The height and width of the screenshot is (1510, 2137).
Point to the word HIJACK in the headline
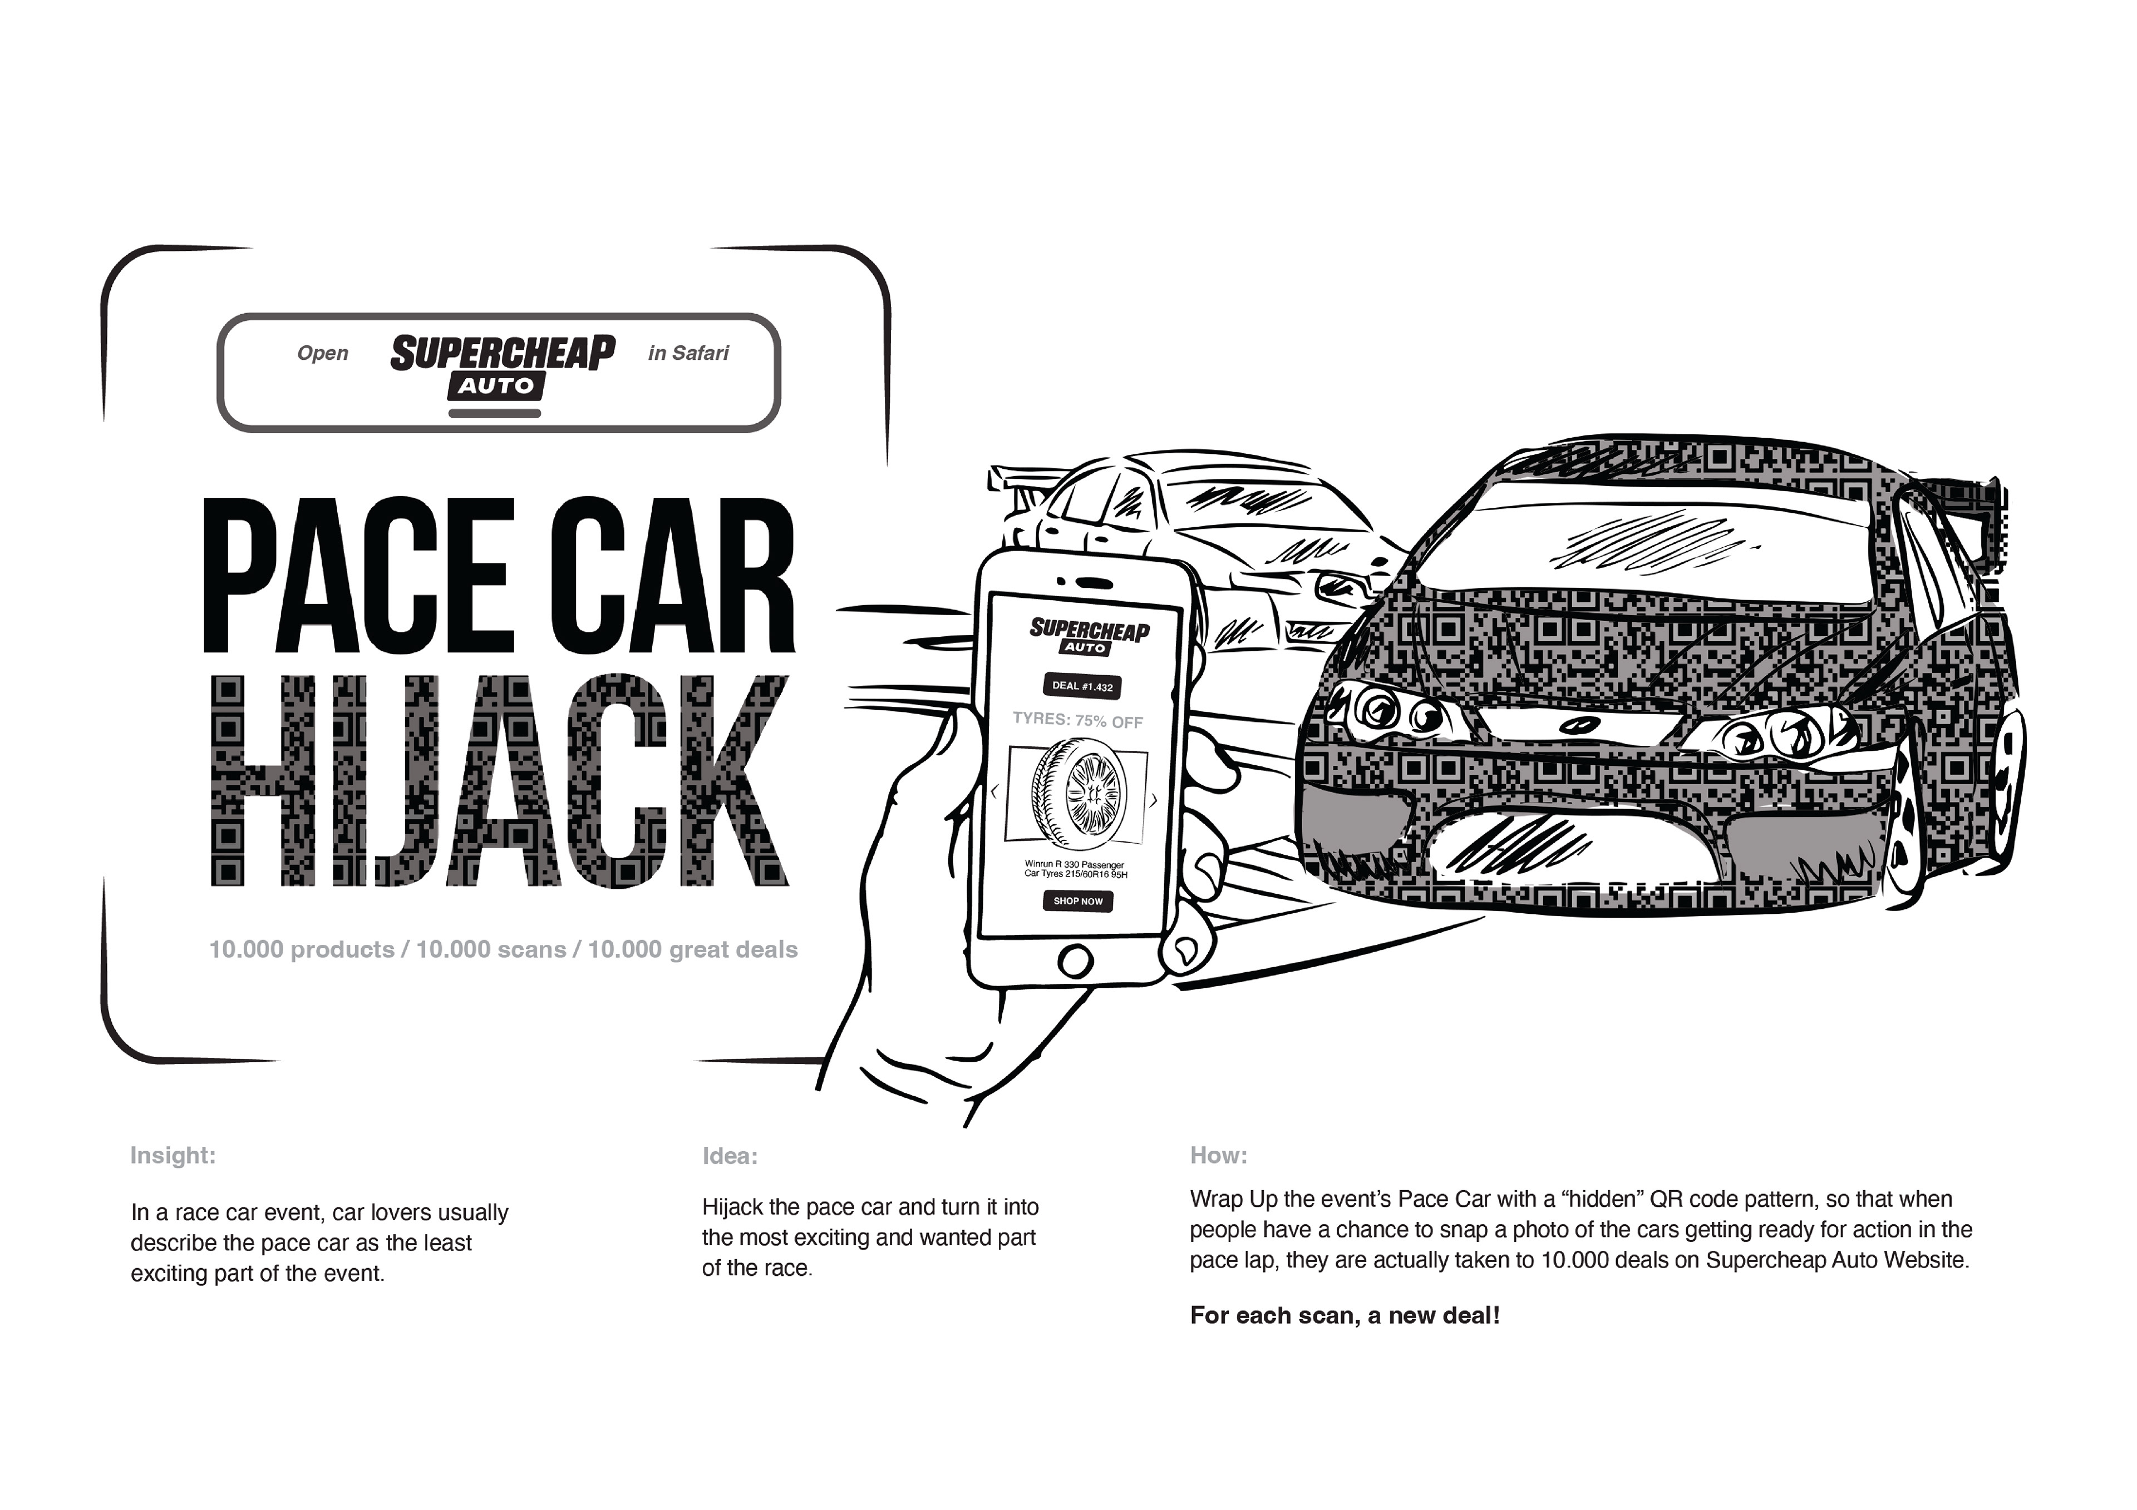498,781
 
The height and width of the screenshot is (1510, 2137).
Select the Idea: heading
730,1156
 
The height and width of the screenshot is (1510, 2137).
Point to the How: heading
1218,1156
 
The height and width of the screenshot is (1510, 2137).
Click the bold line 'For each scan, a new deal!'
1344,1315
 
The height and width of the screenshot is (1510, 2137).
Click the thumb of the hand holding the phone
940,754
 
